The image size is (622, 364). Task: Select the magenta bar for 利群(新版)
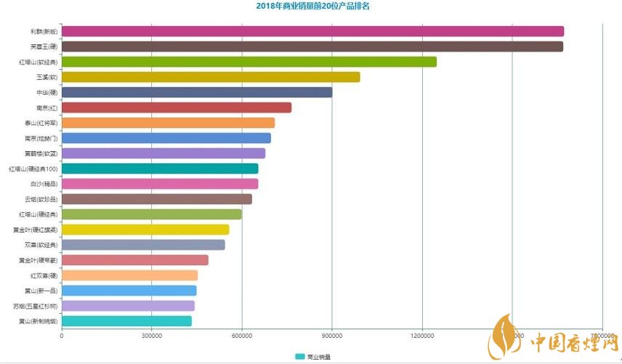312,31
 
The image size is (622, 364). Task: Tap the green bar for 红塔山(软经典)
249,62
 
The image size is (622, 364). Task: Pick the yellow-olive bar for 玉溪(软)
211,77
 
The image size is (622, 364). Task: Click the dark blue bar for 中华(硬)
197,92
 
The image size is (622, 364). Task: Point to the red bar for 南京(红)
177,108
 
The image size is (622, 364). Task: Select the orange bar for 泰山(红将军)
168,123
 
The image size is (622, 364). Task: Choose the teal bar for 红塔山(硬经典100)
160,169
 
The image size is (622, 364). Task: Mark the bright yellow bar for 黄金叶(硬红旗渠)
145,230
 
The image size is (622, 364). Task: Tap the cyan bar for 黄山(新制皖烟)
126,321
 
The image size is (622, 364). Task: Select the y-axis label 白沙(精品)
44,184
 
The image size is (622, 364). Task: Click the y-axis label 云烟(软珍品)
41,199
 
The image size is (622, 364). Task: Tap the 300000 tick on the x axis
152,335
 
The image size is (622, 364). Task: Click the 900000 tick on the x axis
332,335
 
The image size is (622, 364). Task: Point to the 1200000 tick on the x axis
422,335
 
